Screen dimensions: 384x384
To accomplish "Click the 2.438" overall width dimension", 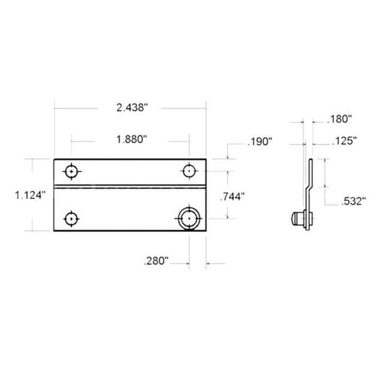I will point(131,108).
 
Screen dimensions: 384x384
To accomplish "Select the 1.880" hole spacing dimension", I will point(131,139).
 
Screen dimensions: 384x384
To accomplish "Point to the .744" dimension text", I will point(233,196).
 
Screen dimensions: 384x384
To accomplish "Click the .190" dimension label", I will point(260,142).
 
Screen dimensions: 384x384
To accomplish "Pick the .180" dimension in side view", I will point(340,119).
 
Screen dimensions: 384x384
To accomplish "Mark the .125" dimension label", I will point(344,142).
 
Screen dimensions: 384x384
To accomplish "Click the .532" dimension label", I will point(353,202).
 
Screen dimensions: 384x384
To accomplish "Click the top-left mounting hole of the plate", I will point(72,172).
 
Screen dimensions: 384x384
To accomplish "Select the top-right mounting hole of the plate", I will point(189,171).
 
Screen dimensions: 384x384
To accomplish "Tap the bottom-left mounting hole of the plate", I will point(72,218).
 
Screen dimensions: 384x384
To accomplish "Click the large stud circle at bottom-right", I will point(188,218).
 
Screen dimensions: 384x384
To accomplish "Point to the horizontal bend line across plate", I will point(130,186).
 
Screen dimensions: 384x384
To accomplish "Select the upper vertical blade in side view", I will point(311,170).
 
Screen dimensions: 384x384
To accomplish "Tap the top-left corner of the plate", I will point(55,159).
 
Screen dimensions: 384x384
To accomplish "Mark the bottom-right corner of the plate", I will point(206,231).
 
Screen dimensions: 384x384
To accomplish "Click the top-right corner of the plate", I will point(206,159).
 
